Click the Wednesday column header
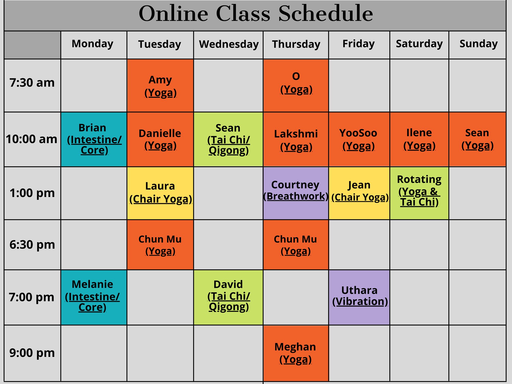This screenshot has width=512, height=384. (229, 44)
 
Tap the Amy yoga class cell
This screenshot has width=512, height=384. (160, 86)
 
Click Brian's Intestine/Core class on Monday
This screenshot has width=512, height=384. (94, 139)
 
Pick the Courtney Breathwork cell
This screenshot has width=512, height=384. (296, 191)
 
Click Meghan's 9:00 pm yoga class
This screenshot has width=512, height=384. (295, 353)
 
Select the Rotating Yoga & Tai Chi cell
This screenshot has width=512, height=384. (419, 191)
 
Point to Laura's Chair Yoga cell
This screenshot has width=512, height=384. (160, 193)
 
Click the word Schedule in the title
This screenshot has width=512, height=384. (326, 14)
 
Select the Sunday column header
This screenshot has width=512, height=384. (478, 44)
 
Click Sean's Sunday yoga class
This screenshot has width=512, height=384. (477, 139)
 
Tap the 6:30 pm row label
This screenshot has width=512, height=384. (32, 245)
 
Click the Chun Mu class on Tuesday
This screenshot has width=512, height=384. (160, 245)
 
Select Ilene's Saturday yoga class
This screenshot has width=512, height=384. (419, 139)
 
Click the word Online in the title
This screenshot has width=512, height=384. (173, 14)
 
